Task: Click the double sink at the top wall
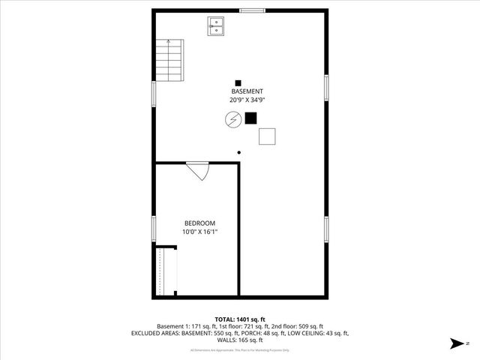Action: pos(215,26)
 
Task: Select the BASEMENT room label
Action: pos(247,91)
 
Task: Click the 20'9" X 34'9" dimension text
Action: pos(247,100)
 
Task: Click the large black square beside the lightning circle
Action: pos(250,118)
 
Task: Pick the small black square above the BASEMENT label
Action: pos(238,82)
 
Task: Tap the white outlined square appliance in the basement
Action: pos(267,136)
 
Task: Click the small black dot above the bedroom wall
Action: pos(239,152)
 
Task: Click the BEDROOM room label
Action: pos(200,223)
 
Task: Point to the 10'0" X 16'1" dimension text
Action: pos(200,232)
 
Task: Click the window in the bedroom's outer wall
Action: pos(154,229)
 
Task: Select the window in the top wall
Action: pos(252,10)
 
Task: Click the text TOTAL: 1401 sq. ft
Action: pos(240,319)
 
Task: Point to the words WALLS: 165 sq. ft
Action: pos(240,340)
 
